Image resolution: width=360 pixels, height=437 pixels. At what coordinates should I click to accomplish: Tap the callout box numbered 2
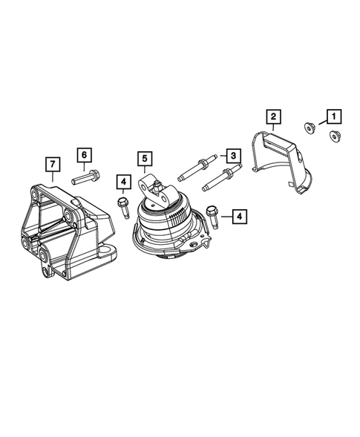tap(272, 116)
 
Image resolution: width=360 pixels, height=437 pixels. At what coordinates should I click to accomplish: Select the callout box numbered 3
tap(232, 155)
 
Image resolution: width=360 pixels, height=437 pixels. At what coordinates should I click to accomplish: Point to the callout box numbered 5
tap(145, 158)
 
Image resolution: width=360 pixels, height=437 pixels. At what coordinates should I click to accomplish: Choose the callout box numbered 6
tap(84, 154)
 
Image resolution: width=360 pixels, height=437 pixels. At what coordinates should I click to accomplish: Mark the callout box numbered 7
tap(52, 162)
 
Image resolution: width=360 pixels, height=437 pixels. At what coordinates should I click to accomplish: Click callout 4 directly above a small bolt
tap(122, 180)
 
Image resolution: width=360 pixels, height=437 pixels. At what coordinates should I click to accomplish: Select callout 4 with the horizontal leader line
tap(240, 216)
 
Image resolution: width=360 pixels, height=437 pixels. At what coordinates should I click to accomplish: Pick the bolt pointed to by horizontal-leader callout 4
tap(212, 215)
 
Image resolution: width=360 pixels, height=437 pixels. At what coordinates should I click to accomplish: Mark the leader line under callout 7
tap(52, 176)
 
